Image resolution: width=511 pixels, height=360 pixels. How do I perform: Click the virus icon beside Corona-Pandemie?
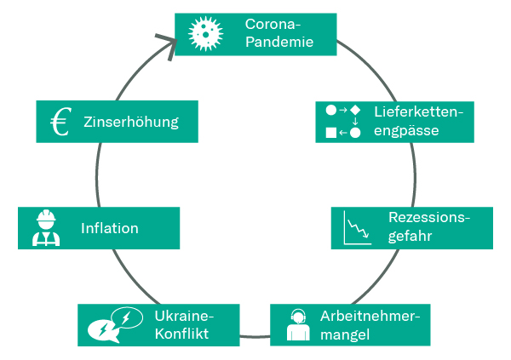coord(204,33)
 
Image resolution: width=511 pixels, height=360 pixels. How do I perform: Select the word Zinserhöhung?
coord(131,122)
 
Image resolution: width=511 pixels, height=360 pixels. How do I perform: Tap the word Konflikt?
coord(182,333)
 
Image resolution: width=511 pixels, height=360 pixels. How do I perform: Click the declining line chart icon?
coord(357,227)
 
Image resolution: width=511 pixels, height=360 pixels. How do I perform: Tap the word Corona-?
coord(272,23)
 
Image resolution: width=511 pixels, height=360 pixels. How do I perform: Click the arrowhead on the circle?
coord(168,43)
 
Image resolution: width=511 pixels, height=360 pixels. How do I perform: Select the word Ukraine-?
coord(184,315)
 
